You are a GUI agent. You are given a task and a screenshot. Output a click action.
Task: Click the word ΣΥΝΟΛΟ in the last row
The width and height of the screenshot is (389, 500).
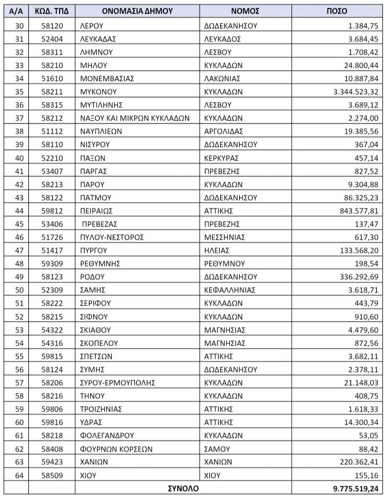point(183,488)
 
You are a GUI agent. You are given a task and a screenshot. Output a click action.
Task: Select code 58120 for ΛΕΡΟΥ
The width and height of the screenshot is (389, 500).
point(52,25)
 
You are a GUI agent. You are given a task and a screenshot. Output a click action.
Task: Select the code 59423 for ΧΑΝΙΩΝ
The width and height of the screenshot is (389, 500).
point(52,461)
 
